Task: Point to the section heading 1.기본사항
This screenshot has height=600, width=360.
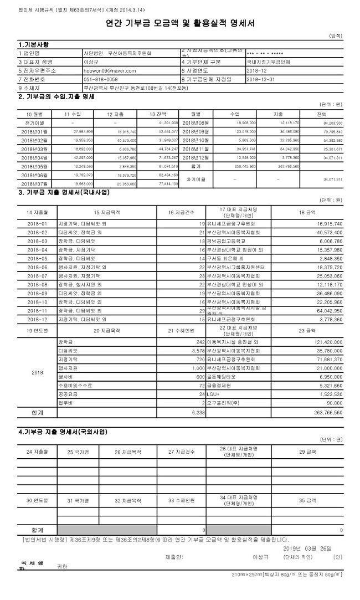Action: (34, 44)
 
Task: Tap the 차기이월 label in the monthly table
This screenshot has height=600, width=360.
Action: (196, 180)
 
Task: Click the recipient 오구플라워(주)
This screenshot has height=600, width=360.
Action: (224, 403)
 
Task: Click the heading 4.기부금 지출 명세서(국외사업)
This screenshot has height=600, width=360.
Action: (63, 431)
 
